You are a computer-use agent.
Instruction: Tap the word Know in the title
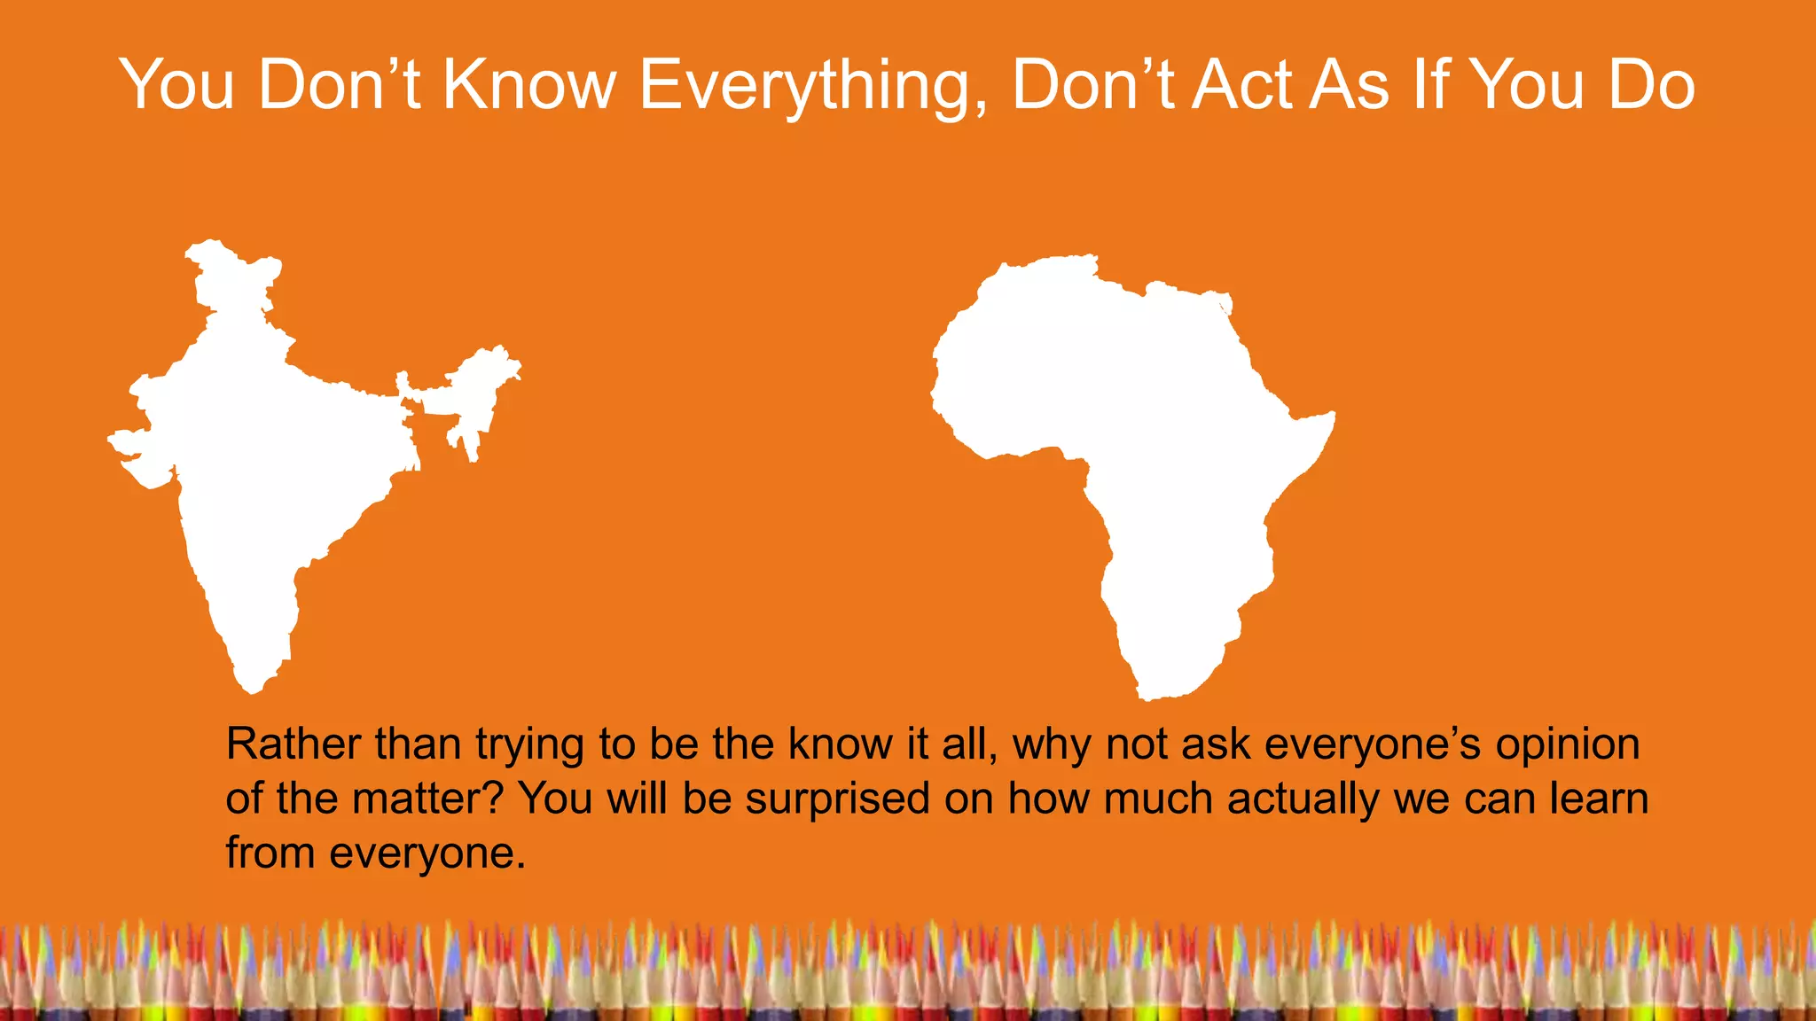pos(528,86)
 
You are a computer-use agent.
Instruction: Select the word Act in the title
pos(1245,86)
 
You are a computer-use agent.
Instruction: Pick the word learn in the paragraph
pos(1599,799)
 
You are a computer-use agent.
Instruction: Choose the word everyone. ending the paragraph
pos(427,853)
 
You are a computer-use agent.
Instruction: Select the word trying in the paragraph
pos(529,745)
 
